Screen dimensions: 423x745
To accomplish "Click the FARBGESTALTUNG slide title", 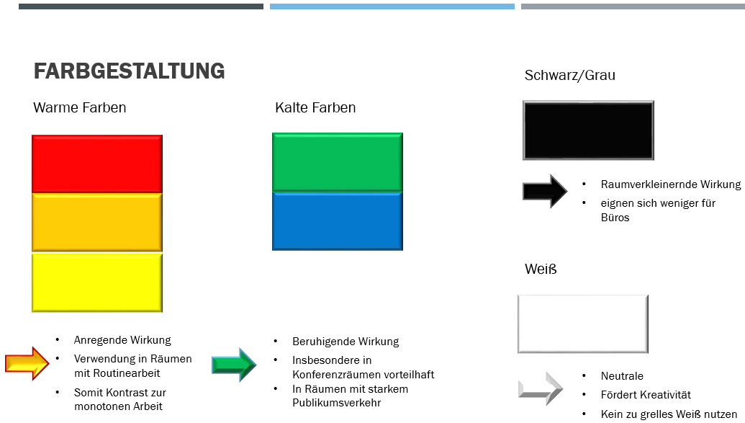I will pyautogui.click(x=129, y=71).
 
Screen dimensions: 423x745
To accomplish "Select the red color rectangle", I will pyautogui.click(x=97, y=164).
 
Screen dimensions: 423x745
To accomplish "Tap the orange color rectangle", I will pyautogui.click(x=97, y=223).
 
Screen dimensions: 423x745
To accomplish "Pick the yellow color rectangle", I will pyautogui.click(x=97, y=282).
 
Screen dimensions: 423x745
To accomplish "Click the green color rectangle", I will pyautogui.click(x=337, y=162).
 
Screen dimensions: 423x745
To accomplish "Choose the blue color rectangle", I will pyautogui.click(x=337, y=221).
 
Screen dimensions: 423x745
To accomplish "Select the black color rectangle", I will pyautogui.click(x=588, y=130).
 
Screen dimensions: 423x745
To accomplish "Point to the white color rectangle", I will pyautogui.click(x=583, y=324).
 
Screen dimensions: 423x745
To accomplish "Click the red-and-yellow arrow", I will pyautogui.click(x=27, y=363).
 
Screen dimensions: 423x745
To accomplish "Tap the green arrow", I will pyautogui.click(x=234, y=365).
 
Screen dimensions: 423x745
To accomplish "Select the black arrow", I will pyautogui.click(x=545, y=191).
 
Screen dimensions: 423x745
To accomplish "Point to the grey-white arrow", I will pyautogui.click(x=541, y=389).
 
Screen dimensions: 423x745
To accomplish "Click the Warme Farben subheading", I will pyautogui.click(x=80, y=108).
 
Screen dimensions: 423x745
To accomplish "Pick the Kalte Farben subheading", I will pyautogui.click(x=315, y=108).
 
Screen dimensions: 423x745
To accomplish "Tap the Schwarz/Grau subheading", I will pyautogui.click(x=570, y=75).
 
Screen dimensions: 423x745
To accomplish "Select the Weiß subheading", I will pyautogui.click(x=541, y=270).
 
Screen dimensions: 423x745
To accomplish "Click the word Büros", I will pyautogui.click(x=615, y=218).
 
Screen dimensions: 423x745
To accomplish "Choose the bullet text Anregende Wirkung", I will pyautogui.click(x=122, y=340).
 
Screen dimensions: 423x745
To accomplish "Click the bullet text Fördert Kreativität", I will pyautogui.click(x=646, y=395).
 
